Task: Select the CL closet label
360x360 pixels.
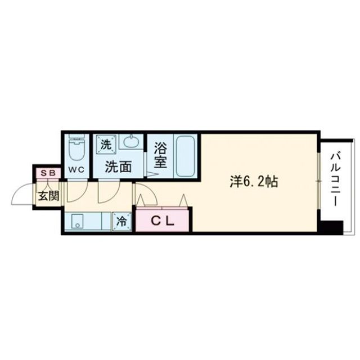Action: (163, 220)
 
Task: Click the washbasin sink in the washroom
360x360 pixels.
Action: (130, 142)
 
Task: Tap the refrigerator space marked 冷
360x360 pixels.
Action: (121, 221)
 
